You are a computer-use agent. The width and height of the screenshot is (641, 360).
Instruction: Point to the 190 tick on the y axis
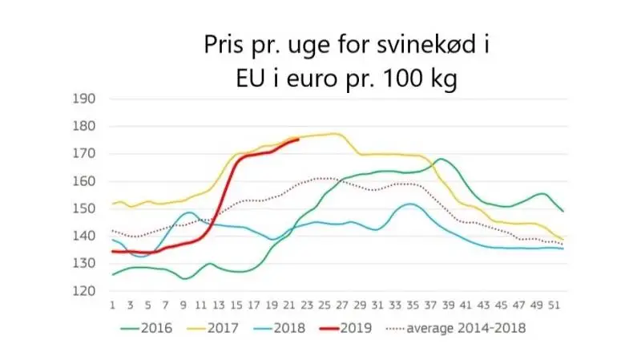tap(84, 99)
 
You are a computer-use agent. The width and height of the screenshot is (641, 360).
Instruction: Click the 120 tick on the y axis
tap(84, 291)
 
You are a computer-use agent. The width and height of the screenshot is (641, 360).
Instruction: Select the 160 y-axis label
tap(84, 181)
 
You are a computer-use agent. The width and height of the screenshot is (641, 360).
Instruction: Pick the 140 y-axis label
tap(84, 236)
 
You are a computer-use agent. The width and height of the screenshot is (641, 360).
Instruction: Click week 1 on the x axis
tap(112, 305)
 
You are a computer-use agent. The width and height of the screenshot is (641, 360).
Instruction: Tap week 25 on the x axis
tap(325, 305)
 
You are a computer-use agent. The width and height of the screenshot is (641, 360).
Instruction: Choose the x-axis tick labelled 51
tap(554, 305)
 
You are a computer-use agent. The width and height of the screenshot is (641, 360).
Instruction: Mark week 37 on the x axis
tap(430, 305)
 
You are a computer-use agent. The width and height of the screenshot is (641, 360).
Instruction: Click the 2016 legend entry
tap(147, 328)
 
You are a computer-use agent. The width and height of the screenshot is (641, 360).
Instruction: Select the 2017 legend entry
tap(212, 328)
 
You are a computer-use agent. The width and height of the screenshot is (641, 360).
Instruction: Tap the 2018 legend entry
tap(279, 328)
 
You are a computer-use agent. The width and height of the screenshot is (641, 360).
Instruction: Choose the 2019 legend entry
tap(346, 328)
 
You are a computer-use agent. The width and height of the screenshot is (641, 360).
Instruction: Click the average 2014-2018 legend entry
tap(456, 328)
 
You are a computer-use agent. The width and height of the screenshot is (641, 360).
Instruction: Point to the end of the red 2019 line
tap(298, 140)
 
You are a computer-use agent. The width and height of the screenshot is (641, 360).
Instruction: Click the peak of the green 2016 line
tap(440, 159)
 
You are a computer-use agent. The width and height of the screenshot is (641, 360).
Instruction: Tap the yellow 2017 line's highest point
tap(336, 133)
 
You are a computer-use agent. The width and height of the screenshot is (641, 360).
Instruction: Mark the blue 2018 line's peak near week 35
tap(410, 204)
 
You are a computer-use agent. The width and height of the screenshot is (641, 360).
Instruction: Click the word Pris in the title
tap(224, 44)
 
